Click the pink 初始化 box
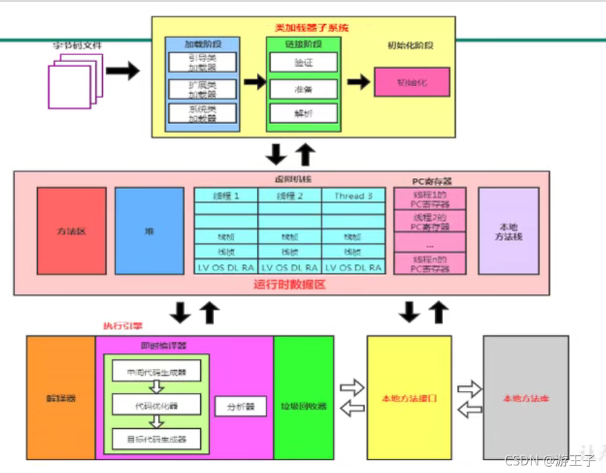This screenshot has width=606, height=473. (412, 82)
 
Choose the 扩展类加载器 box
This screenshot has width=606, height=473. (202, 89)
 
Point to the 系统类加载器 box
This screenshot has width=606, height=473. (202, 114)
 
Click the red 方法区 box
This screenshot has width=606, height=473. (72, 230)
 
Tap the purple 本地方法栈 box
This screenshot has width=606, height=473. (508, 230)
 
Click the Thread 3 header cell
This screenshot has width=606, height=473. (353, 196)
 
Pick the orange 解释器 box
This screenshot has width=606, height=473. (61, 399)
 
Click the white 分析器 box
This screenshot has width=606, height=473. (240, 407)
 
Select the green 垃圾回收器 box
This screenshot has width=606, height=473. (304, 399)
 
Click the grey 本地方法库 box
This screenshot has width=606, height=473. (526, 399)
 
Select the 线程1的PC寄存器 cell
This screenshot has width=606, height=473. (429, 200)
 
